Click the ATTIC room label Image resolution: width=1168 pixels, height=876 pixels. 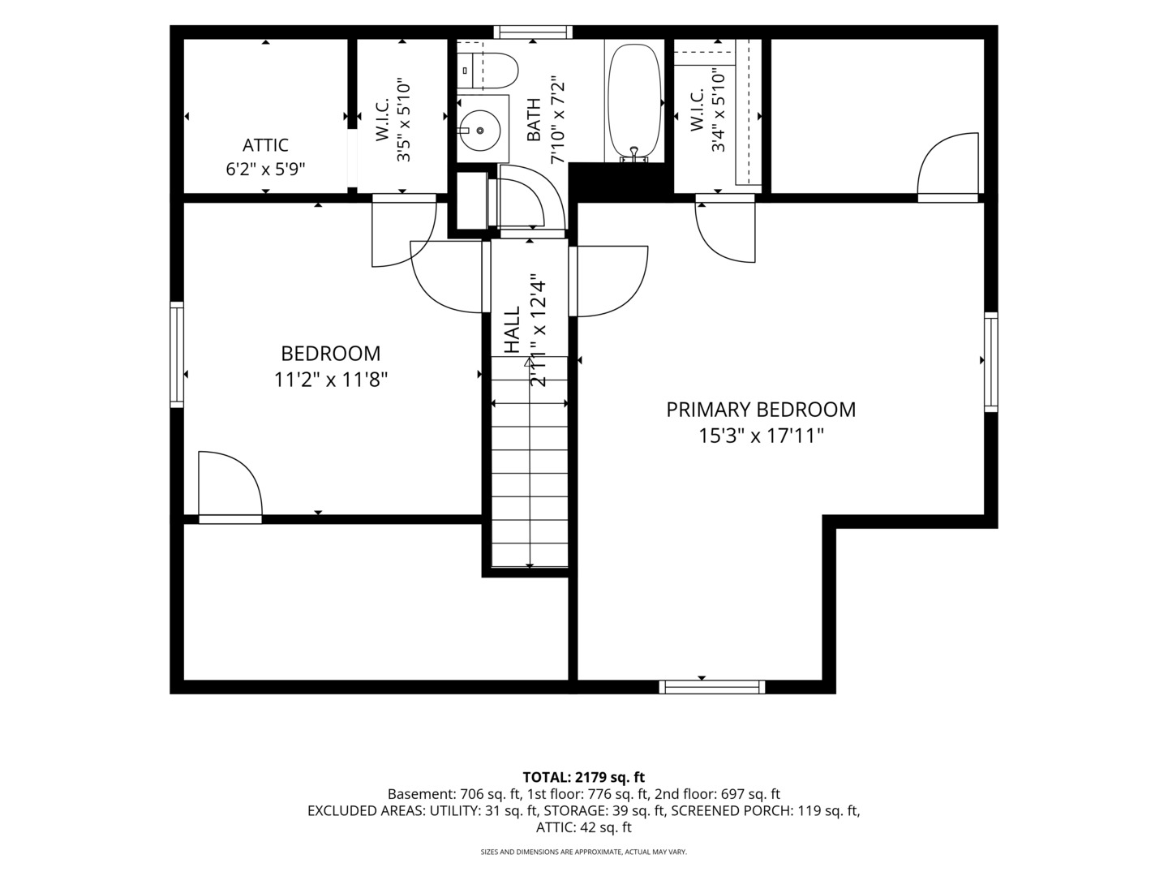pyautogui.click(x=265, y=144)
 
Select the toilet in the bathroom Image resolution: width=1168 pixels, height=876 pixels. pyautogui.click(x=487, y=71)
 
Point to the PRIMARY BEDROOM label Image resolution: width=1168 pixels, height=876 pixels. pyautogui.click(x=761, y=410)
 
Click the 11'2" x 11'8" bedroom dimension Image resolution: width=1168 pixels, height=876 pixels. pyautogui.click(x=330, y=380)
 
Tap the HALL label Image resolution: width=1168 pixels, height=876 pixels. pyautogui.click(x=512, y=330)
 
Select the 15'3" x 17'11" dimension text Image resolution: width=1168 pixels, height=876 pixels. pyautogui.click(x=761, y=436)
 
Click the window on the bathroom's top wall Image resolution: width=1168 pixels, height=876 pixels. pyautogui.click(x=533, y=32)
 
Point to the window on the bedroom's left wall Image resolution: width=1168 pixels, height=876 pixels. pyautogui.click(x=177, y=354)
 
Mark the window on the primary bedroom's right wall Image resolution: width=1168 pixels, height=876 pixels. pyautogui.click(x=991, y=362)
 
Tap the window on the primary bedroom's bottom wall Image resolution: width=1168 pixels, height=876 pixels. pyautogui.click(x=712, y=687)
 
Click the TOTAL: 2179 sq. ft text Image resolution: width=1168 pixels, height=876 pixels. pyautogui.click(x=584, y=778)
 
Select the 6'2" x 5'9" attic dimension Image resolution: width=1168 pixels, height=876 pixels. pyautogui.click(x=265, y=170)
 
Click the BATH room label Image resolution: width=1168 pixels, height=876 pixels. pyautogui.click(x=533, y=120)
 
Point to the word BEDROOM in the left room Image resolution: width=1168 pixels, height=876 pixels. pyautogui.click(x=330, y=353)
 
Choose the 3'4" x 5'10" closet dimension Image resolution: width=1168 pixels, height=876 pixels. pyautogui.click(x=719, y=112)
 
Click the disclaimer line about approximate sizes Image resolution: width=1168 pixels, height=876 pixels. pyautogui.click(x=584, y=852)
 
